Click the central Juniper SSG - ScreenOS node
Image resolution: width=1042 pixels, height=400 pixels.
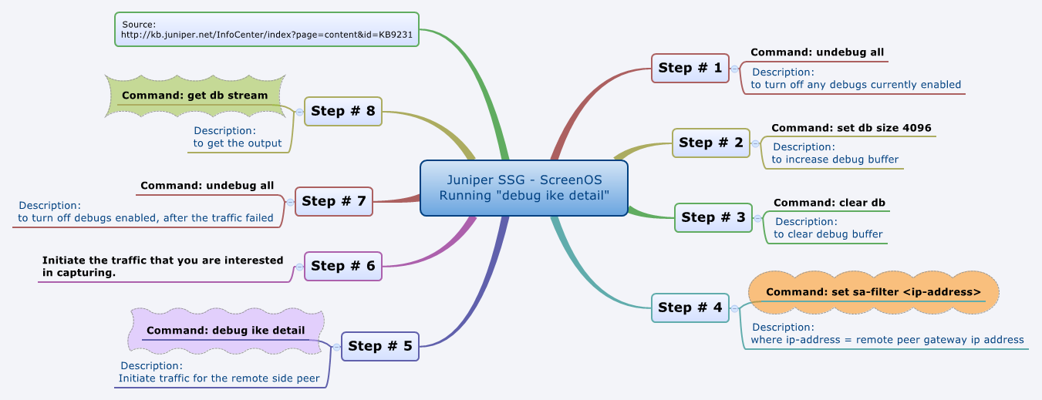pos(524,188)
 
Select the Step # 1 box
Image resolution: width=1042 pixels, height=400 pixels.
pos(690,68)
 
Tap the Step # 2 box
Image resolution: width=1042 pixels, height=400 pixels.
pos(710,143)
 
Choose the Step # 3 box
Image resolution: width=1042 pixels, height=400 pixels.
pos(713,217)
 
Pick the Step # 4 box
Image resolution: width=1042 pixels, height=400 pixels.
pos(690,308)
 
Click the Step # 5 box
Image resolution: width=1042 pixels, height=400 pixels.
pos(379,346)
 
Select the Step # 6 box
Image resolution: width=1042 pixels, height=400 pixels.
pos(342,266)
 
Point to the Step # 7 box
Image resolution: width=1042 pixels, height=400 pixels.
pos(333,201)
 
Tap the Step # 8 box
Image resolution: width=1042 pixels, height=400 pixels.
pos(342,111)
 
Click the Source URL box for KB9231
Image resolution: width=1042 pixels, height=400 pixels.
pos(266,29)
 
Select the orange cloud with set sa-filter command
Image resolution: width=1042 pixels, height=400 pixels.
pos(873,292)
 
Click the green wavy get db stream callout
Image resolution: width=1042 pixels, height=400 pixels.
pos(194,96)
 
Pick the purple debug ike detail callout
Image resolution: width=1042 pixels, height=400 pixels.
pos(225,331)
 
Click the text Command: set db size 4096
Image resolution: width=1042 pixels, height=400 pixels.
pos(845,128)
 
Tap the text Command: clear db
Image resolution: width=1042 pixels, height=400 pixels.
pos(829,203)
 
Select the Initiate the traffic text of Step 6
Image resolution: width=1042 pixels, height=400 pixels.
pos(163,266)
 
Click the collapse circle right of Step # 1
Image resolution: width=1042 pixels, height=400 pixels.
pos(735,69)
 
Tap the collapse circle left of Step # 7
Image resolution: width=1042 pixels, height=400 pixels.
pos(290,202)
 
